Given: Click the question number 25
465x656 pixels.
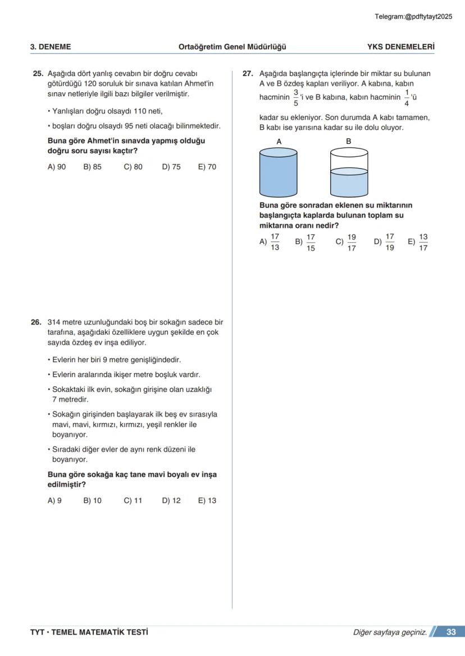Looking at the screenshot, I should click(38, 74).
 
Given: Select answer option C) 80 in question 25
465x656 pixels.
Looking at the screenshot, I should click(133, 167).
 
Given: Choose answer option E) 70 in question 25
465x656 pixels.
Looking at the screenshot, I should click(207, 167).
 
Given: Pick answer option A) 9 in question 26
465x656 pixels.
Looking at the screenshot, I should click(54, 500).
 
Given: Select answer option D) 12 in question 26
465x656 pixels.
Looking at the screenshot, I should click(171, 500).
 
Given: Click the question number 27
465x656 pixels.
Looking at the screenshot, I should click(248, 74).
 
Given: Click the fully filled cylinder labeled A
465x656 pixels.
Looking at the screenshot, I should click(278, 172).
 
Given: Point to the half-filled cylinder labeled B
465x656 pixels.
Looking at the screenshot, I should click(349, 172).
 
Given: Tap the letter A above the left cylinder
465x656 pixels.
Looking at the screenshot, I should click(279, 142).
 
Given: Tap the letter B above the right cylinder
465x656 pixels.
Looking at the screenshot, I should click(348, 142).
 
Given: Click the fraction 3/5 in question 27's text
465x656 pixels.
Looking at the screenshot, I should click(296, 97).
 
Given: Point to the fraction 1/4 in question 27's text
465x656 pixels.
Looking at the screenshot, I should click(407, 97).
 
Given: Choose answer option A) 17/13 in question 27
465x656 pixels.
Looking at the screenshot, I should click(270, 242).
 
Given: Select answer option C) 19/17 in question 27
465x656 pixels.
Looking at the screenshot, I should click(346, 242).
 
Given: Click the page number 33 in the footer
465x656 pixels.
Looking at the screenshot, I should click(451, 632).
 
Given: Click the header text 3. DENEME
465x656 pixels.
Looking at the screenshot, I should click(51, 47).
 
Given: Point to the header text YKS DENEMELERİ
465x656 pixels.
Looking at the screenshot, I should click(400, 47).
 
